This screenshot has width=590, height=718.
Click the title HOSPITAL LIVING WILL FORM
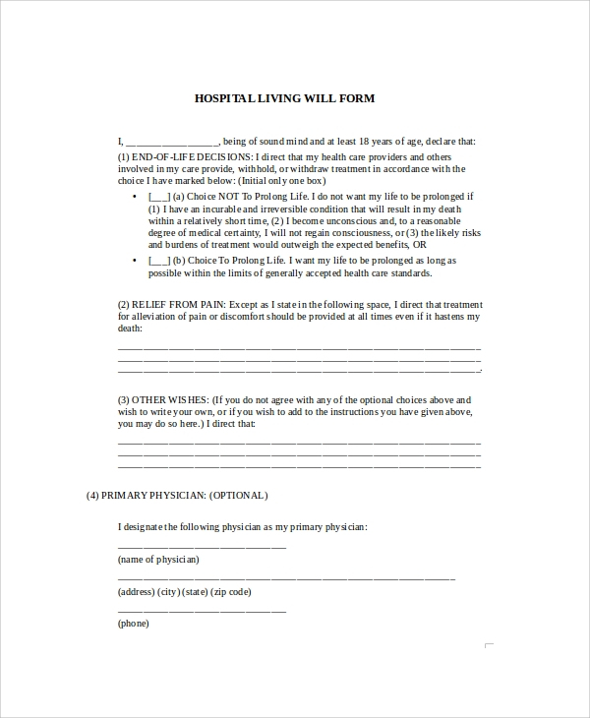pyautogui.click(x=284, y=98)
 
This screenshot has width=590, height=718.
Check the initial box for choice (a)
pyautogui.click(x=158, y=197)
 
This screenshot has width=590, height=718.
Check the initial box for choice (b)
pyautogui.click(x=158, y=261)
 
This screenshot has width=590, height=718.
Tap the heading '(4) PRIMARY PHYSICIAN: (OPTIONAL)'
pyautogui.click(x=177, y=495)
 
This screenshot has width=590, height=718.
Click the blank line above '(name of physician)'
pyautogui.click(x=202, y=546)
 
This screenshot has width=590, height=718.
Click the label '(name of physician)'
pyautogui.click(x=158, y=560)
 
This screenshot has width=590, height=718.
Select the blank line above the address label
pyautogui.click(x=285, y=578)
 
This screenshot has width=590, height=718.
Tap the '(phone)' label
pyautogui.click(x=135, y=624)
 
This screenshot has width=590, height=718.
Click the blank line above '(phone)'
pyautogui.click(x=202, y=611)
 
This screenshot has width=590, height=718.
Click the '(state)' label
pyautogui.click(x=196, y=592)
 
